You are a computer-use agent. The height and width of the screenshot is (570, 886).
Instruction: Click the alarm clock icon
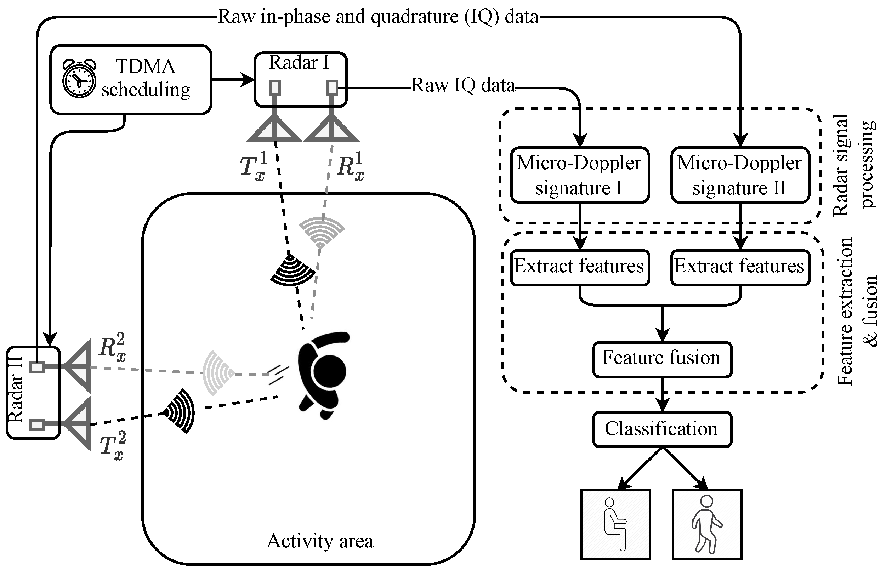click(79, 78)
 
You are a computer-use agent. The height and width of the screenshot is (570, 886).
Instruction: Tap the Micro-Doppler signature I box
click(579, 175)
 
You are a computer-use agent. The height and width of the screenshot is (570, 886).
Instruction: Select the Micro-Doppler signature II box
click(740, 175)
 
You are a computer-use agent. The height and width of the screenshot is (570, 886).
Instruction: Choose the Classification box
click(662, 429)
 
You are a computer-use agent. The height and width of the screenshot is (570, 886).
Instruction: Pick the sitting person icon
click(615, 524)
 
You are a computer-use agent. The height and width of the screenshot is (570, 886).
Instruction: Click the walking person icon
click(707, 524)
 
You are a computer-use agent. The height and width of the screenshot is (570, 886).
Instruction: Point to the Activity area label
click(320, 541)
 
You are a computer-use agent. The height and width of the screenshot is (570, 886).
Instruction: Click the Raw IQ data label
click(463, 86)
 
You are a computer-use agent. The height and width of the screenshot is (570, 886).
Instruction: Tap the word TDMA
click(146, 67)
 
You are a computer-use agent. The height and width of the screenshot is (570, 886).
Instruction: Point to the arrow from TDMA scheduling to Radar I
click(233, 79)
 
